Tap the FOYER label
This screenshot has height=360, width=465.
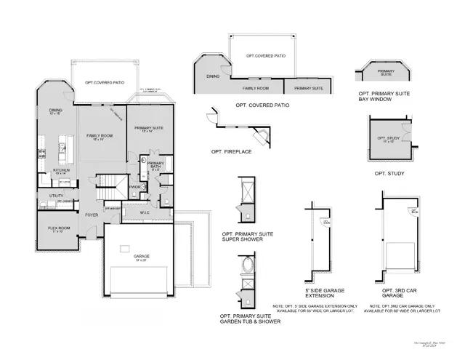(x=92, y=215)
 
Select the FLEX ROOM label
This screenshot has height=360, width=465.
(x=60, y=230)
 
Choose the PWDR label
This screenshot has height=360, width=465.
(x=134, y=187)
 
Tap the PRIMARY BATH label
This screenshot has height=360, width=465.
(x=155, y=165)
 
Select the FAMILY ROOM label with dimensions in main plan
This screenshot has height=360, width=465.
(x=99, y=137)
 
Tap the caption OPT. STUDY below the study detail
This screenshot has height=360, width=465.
(x=389, y=174)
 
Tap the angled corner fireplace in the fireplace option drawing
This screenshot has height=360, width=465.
(x=259, y=137)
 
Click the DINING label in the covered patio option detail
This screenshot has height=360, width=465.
(x=213, y=75)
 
